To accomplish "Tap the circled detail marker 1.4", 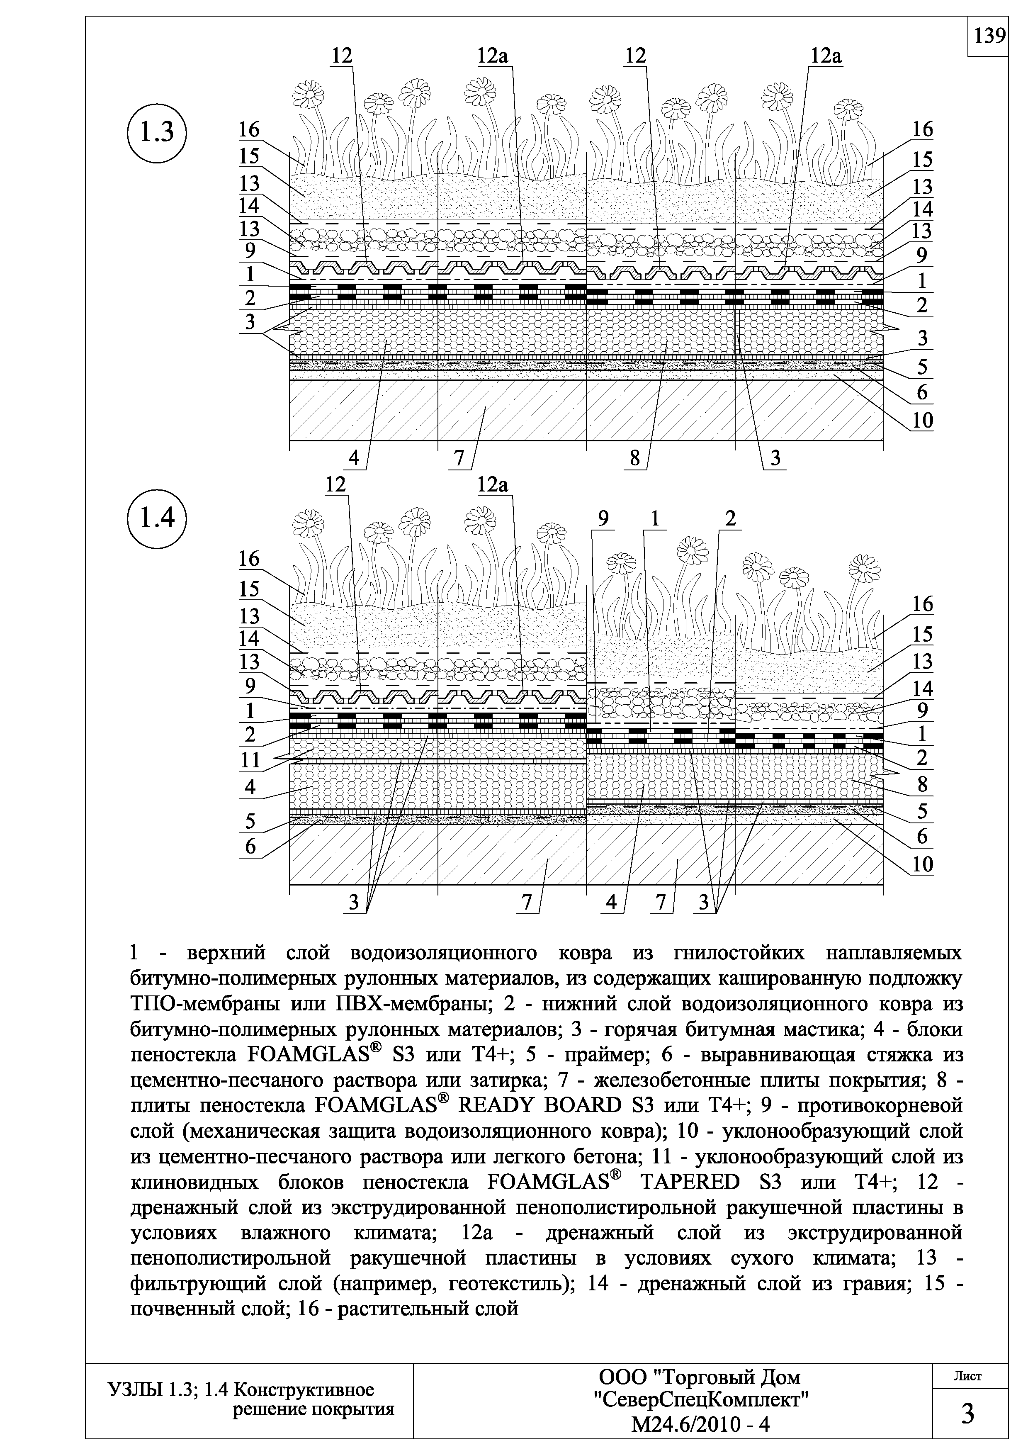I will pyautogui.click(x=157, y=518).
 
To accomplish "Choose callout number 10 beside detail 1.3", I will pyautogui.click(x=922, y=420).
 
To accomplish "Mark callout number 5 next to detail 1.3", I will pyautogui.click(x=922, y=367).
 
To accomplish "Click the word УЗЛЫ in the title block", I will pyautogui.click(x=134, y=1390).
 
